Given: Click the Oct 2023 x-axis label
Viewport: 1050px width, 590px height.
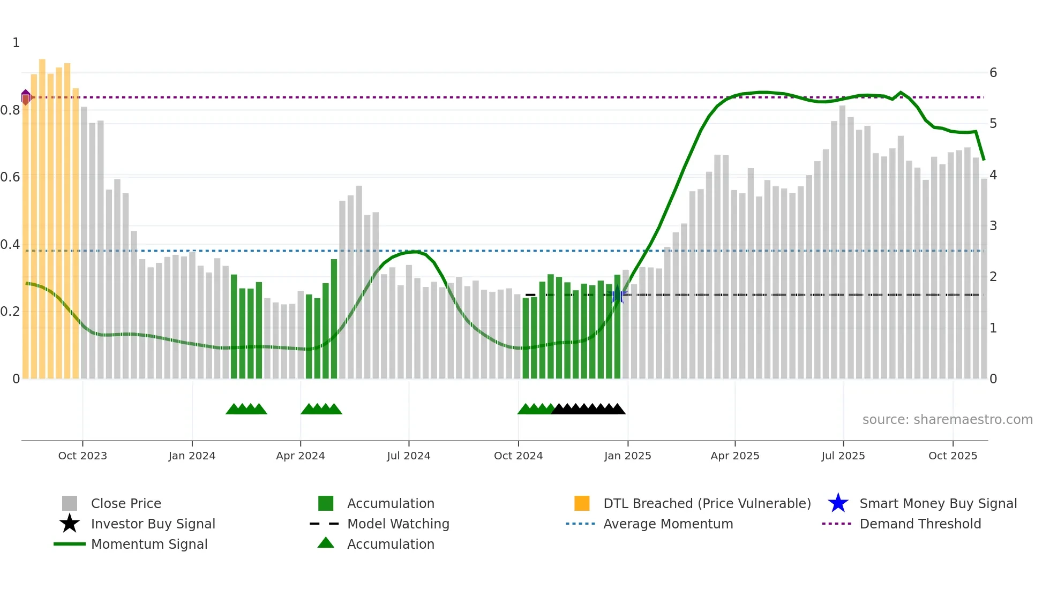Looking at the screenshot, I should (82, 456).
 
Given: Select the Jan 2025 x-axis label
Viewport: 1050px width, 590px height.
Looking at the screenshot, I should (627, 456).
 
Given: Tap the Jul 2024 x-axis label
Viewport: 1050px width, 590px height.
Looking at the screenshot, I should (408, 456).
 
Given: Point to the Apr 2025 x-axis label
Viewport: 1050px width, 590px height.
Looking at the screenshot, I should (734, 456).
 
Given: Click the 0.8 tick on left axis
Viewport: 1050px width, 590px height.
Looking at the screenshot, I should (10, 110).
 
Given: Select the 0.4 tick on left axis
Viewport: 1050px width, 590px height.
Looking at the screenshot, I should (10, 245).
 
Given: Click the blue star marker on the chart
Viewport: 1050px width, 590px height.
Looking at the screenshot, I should (618, 294).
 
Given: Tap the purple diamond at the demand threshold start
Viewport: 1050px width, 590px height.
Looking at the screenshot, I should (26, 97).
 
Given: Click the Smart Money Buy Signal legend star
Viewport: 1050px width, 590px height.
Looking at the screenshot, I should (838, 503).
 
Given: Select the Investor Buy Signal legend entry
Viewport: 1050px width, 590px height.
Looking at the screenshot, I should (153, 524).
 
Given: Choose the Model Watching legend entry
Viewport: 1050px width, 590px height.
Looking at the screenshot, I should (397, 524).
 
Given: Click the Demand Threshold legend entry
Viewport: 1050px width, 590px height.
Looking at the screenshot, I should (920, 524).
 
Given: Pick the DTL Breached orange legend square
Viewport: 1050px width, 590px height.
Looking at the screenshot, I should (582, 503).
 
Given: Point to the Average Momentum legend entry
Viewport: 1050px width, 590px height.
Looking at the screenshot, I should (667, 524).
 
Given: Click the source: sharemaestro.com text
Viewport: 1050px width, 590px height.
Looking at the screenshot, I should (947, 420).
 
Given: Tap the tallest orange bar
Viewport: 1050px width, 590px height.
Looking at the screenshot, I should (42, 214).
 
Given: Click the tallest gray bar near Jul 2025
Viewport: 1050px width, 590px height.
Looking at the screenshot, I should (842, 241).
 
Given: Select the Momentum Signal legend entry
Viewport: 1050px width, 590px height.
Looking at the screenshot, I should (149, 544).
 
